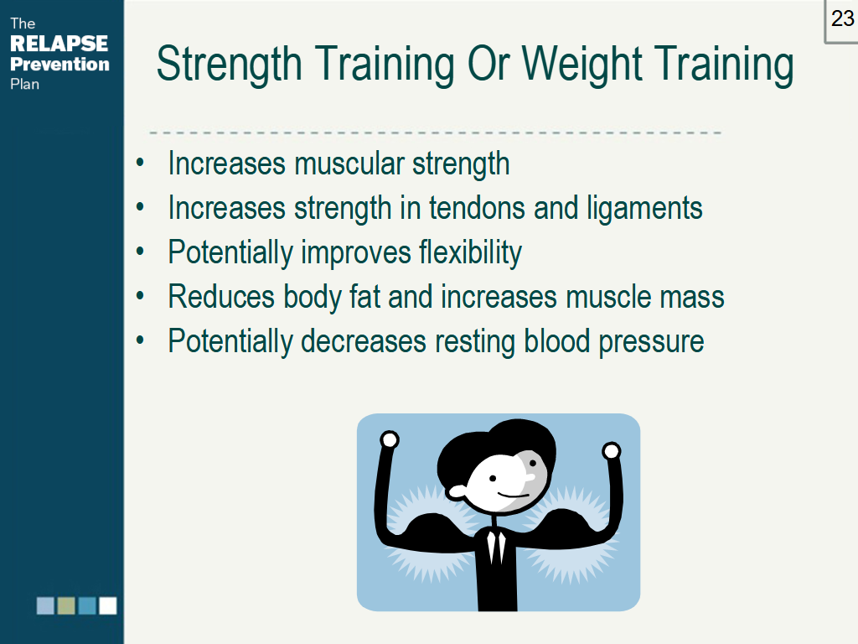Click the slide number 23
[842, 18]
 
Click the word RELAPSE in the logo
[59, 43]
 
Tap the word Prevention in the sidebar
[59, 64]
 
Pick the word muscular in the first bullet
[350, 163]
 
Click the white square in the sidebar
[108, 605]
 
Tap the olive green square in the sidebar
[66, 605]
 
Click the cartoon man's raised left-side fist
[389, 440]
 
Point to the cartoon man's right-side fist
[612, 451]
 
